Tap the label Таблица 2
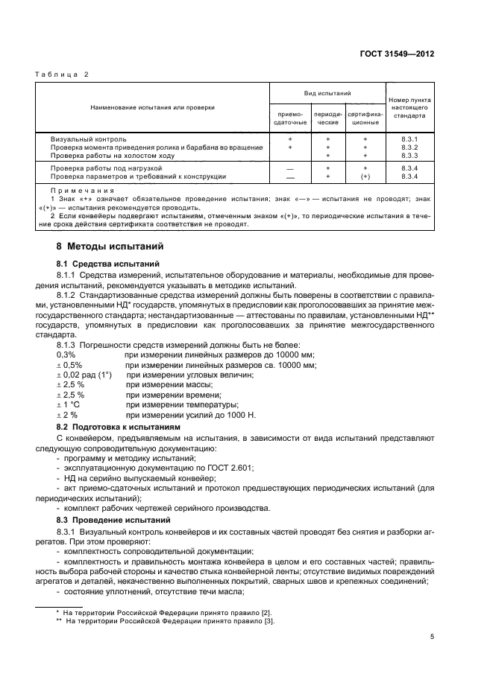click(63, 74)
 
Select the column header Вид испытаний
click(327, 93)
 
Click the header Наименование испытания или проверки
click(152, 107)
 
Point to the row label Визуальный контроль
click(88, 139)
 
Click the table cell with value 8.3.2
click(408, 147)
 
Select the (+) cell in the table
click(365, 176)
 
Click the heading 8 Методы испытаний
click(107, 246)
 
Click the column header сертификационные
click(365, 118)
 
